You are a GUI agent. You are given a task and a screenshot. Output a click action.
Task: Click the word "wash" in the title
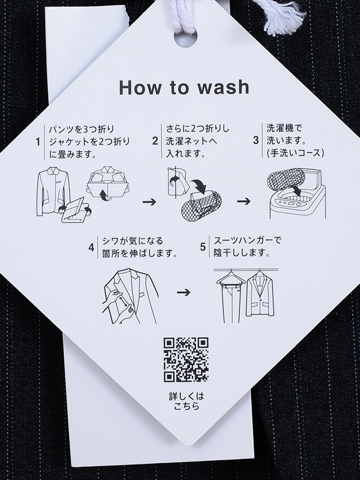[x=223, y=87]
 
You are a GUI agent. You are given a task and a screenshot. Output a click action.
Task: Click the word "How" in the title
[x=140, y=87]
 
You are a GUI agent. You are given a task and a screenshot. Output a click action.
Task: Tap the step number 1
[x=38, y=142]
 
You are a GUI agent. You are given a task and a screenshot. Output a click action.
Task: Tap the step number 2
[x=155, y=141]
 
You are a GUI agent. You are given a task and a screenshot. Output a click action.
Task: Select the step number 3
[x=256, y=140]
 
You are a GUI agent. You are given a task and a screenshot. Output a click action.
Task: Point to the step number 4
[x=91, y=247]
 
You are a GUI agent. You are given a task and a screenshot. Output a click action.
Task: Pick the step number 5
[x=203, y=247]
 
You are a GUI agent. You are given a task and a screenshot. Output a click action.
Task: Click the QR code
[x=186, y=359]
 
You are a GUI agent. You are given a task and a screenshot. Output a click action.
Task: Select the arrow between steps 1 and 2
[x=149, y=202]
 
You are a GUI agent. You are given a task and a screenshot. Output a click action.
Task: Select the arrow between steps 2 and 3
[x=244, y=202]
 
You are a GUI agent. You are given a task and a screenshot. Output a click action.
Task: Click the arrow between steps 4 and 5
[x=184, y=292]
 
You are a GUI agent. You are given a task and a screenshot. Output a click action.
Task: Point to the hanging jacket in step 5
[x=260, y=294]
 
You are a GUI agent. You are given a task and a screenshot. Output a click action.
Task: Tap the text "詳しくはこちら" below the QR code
[x=187, y=401]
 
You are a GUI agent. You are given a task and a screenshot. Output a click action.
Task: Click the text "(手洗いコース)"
[x=295, y=153]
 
